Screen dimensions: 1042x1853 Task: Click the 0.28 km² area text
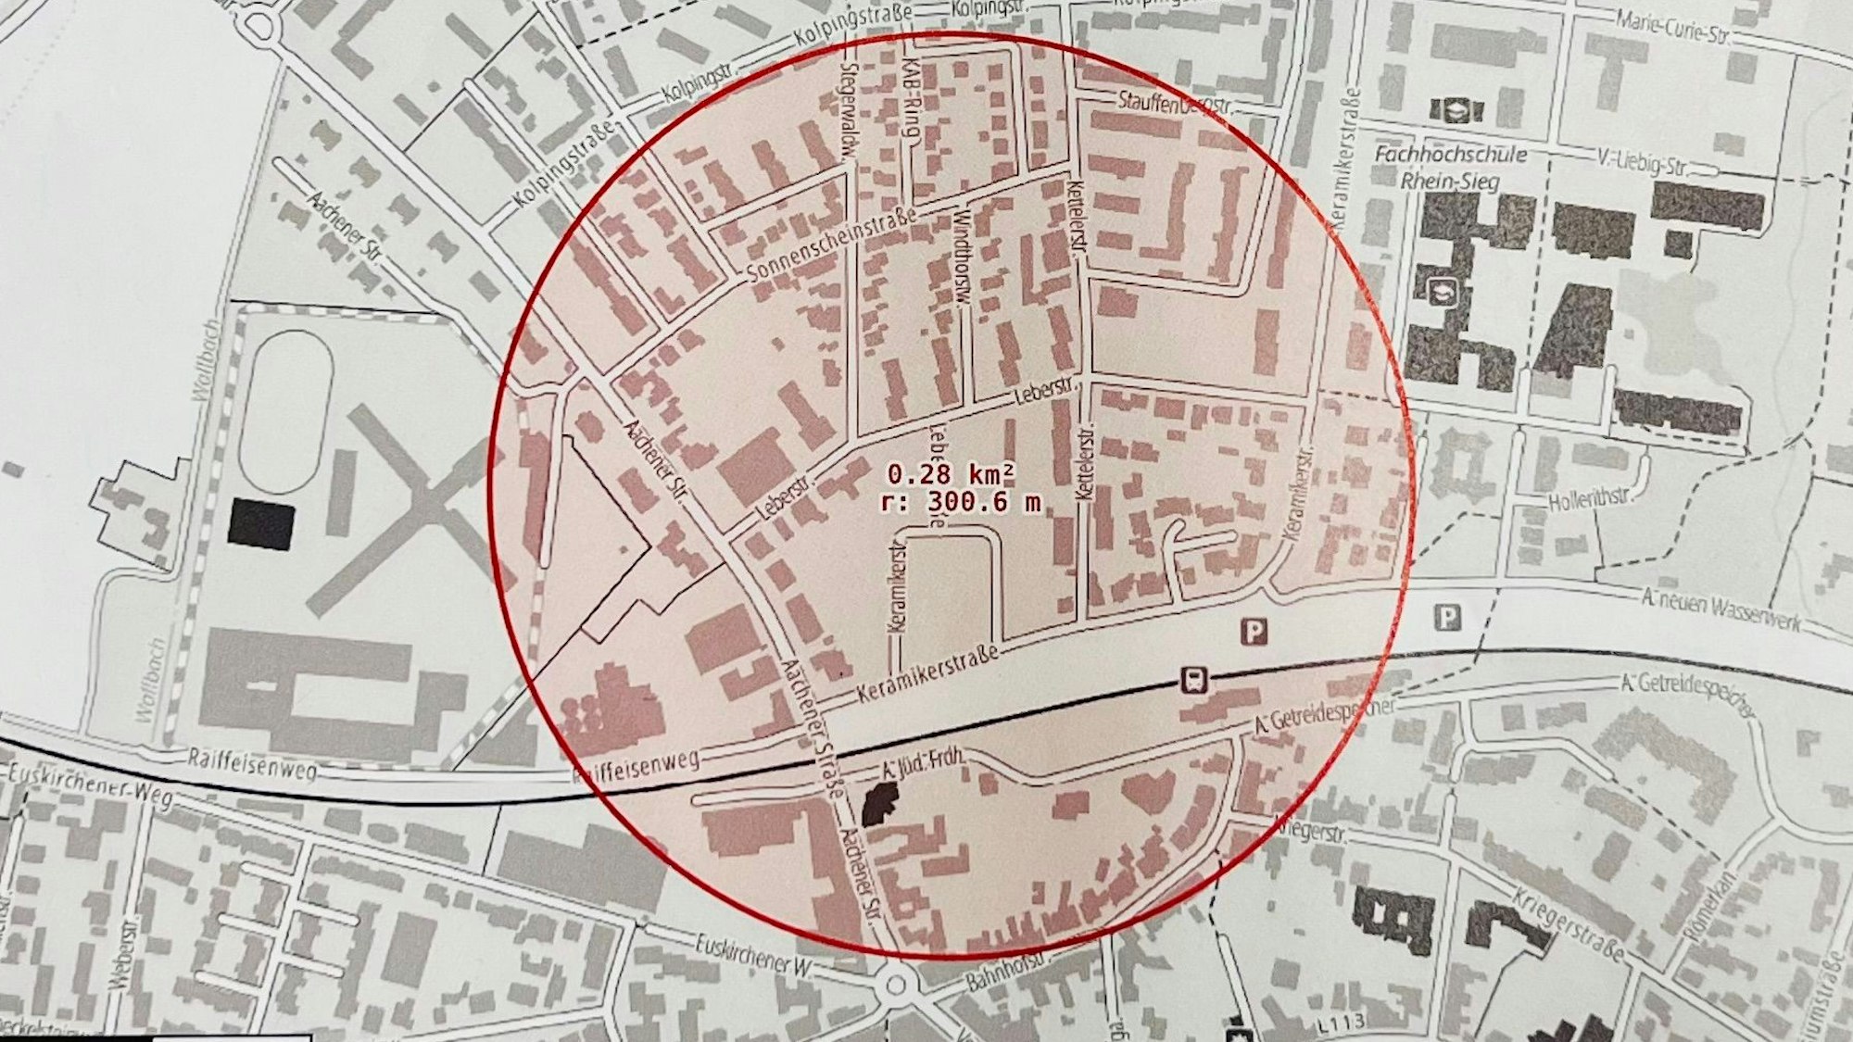950,475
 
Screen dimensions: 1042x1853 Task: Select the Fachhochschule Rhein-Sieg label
1450,168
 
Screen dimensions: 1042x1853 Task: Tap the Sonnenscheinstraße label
831,245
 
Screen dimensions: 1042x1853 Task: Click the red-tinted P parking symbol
1254,633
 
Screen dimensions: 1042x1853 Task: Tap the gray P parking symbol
1447,617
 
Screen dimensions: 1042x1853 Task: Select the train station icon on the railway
1193,681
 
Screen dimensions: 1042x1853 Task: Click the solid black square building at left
261,525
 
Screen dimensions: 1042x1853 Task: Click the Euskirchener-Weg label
88,785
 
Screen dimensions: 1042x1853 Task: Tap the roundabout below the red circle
895,985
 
